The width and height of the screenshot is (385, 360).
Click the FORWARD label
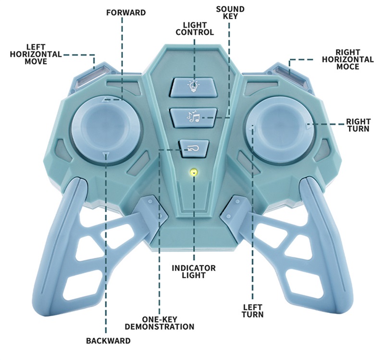pyautogui.click(x=126, y=12)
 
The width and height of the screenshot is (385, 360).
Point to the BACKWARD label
pyautogui.click(x=108, y=341)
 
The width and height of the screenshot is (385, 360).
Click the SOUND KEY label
pyautogui.click(x=230, y=12)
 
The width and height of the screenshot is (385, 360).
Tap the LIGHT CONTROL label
pyautogui.click(x=194, y=28)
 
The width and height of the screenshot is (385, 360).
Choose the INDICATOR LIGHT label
pyautogui.click(x=194, y=272)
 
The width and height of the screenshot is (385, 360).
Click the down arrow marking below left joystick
pyautogui.click(x=106, y=154)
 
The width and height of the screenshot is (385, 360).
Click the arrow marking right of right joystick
pyautogui.click(x=307, y=127)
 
